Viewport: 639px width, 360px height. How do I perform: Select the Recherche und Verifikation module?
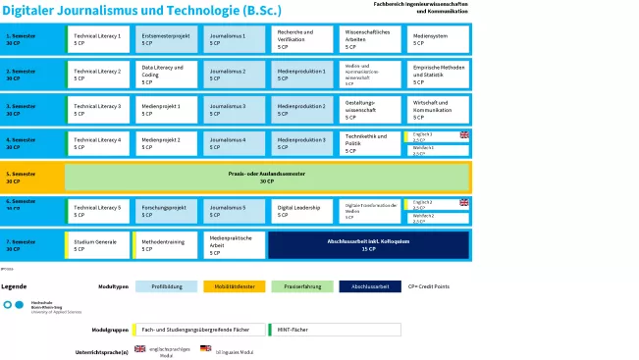point(303,39)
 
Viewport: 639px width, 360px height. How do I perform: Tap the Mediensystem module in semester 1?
point(439,39)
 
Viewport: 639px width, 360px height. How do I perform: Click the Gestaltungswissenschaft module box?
point(371,109)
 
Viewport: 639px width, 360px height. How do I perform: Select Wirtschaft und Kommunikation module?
point(439,109)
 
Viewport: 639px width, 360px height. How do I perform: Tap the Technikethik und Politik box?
point(371,143)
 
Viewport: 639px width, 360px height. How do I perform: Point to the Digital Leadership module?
point(303,211)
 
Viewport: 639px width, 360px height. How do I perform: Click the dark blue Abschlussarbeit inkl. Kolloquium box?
point(369,244)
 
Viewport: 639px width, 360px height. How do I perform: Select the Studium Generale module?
point(98,244)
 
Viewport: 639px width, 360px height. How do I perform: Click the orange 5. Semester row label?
point(32,178)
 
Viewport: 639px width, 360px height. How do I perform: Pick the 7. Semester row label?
point(32,244)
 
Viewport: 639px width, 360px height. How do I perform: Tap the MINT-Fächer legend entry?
point(335,329)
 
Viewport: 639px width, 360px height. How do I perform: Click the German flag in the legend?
point(206,349)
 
